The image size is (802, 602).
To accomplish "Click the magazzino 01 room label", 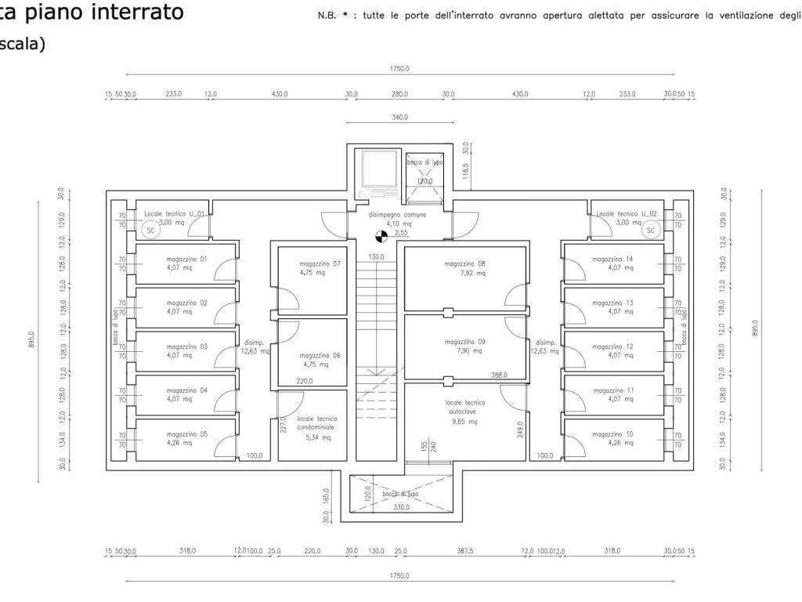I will click(x=187, y=259).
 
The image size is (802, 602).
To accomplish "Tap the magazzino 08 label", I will click(x=470, y=264).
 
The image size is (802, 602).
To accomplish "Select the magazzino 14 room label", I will click(x=612, y=259).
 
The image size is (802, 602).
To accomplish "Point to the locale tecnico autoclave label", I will click(x=465, y=406).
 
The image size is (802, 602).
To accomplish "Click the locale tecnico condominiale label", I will click(x=317, y=423).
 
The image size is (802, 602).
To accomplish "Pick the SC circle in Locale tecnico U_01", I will click(x=151, y=230).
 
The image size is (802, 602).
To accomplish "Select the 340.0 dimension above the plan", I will click(x=400, y=117).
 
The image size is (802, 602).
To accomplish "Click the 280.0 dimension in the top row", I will click(x=400, y=94).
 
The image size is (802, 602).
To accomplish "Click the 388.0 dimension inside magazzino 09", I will click(x=500, y=375).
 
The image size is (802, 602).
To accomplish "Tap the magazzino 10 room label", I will click(x=612, y=433).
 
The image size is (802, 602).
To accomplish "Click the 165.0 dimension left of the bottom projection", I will click(x=327, y=496).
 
